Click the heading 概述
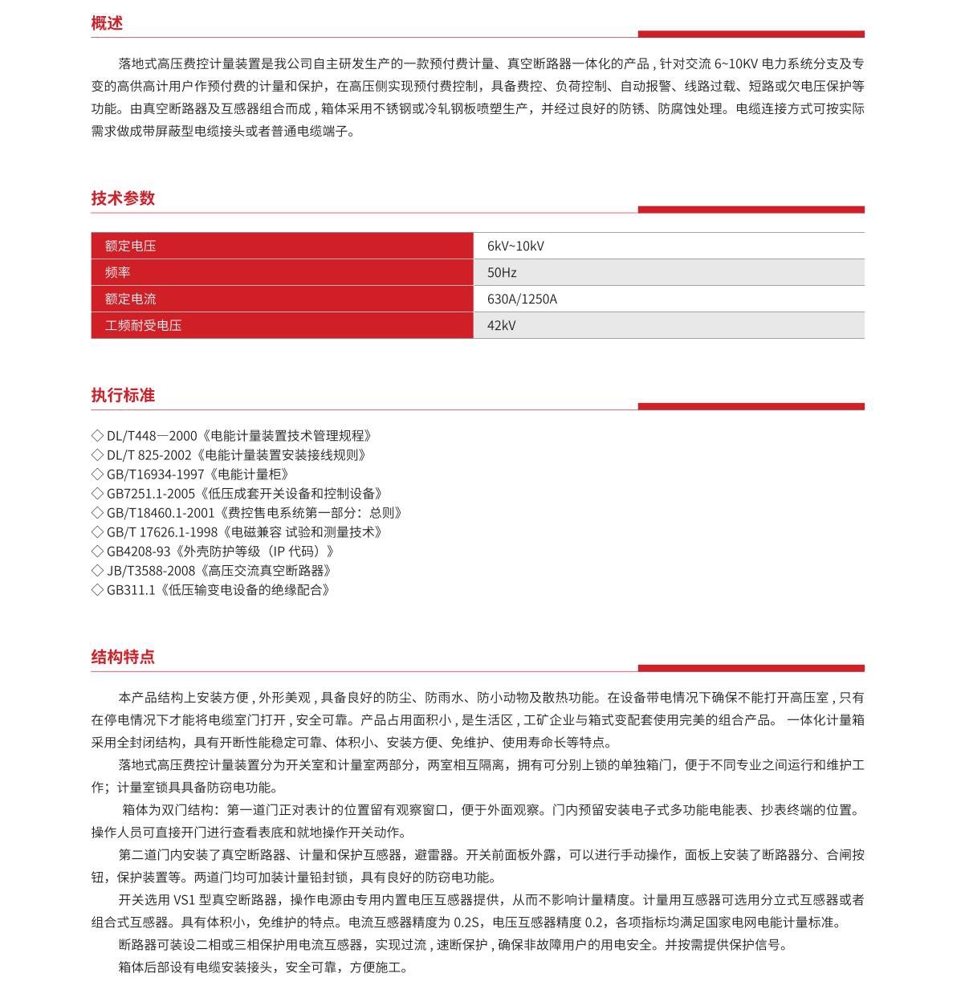coord(107,23)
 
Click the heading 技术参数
coord(123,198)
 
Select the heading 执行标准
coord(123,395)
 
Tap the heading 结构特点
coord(123,657)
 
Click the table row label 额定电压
coord(130,246)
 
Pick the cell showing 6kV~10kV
coord(515,246)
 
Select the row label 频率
coord(118,272)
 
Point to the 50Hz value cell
coord(502,272)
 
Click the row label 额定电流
coord(130,299)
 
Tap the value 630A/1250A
coord(522,299)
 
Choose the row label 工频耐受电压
coord(143,325)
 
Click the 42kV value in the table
coord(502,325)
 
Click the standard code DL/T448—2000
coord(152,436)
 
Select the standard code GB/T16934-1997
coord(156,474)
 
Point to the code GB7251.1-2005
coord(151,494)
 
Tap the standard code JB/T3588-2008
coord(151,571)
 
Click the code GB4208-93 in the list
coord(139,552)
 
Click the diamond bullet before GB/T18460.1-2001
coord(98,513)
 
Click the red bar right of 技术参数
coord(751,210)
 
